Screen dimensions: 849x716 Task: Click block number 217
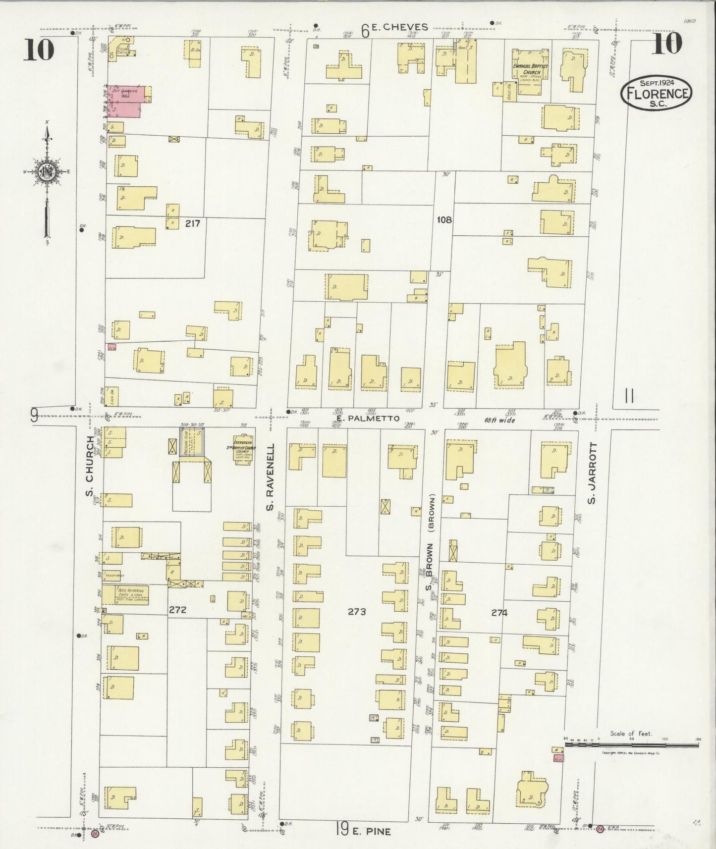192,223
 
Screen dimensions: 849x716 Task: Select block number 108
444,219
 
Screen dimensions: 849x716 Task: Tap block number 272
177,610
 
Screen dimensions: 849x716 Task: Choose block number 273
356,612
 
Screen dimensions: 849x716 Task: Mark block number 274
499,613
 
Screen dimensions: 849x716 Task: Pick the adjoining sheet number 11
629,396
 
